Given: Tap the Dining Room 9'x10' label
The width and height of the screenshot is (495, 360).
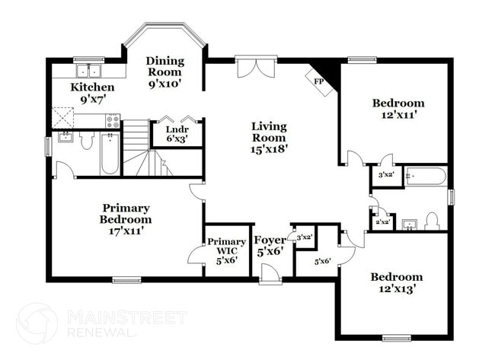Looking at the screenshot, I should click(164, 72).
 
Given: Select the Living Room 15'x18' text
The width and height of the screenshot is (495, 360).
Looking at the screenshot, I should click(269, 138).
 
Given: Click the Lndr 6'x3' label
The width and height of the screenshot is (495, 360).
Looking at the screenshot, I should click(178, 134).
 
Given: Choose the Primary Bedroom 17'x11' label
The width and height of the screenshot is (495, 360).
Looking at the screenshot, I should click(126, 218).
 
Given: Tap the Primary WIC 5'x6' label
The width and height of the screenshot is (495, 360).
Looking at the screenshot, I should click(226, 250).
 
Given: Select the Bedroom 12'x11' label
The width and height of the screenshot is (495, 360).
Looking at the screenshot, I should click(398, 109).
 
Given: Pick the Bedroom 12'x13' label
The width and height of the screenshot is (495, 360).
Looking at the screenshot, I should click(396, 282).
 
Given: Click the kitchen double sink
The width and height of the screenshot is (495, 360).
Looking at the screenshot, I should click(95, 72).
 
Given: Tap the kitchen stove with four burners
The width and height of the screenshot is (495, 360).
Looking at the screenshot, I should click(113, 120).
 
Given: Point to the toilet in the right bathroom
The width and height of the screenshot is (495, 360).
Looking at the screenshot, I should click(433, 221).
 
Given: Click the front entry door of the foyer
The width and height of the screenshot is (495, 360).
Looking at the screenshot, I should click(270, 274).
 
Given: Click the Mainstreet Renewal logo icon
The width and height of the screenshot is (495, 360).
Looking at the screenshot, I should click(37, 323).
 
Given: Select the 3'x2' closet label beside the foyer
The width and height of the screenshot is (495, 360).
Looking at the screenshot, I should click(304, 237).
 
